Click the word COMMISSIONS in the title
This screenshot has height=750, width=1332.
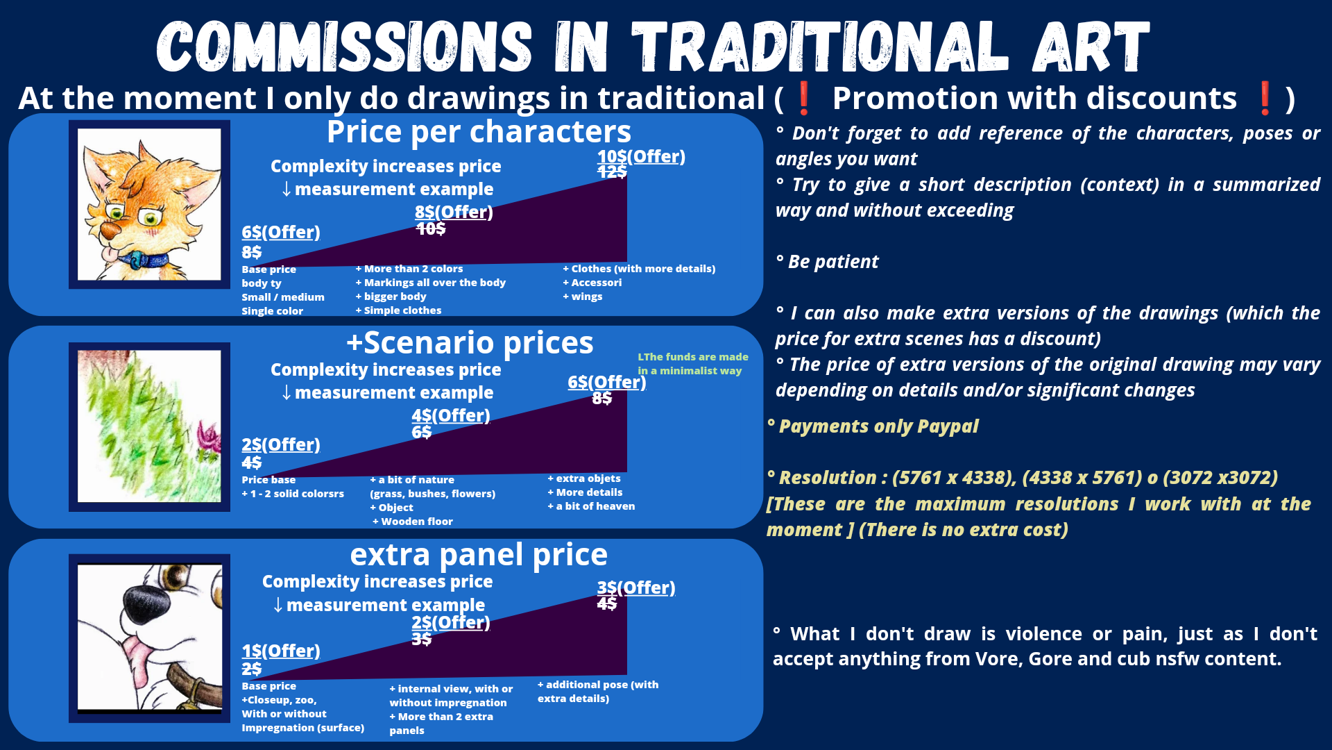(345, 47)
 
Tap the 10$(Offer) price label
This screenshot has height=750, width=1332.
(641, 157)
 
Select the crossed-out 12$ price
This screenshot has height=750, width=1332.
(612, 172)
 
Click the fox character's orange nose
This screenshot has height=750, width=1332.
(109, 230)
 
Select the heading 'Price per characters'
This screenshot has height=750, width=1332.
(479, 132)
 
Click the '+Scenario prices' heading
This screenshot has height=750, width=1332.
(470, 343)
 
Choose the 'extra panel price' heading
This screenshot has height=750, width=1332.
(479, 555)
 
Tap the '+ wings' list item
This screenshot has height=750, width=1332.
(583, 297)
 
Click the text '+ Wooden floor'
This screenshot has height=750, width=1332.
(413, 522)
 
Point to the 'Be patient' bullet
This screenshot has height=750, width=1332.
(827, 262)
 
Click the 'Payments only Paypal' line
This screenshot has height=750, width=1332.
(873, 426)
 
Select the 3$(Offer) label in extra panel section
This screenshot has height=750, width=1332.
(636, 588)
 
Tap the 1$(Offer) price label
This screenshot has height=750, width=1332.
(281, 651)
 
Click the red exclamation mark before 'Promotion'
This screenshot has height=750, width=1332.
(803, 98)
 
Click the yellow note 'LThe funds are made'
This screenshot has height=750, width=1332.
(693, 357)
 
